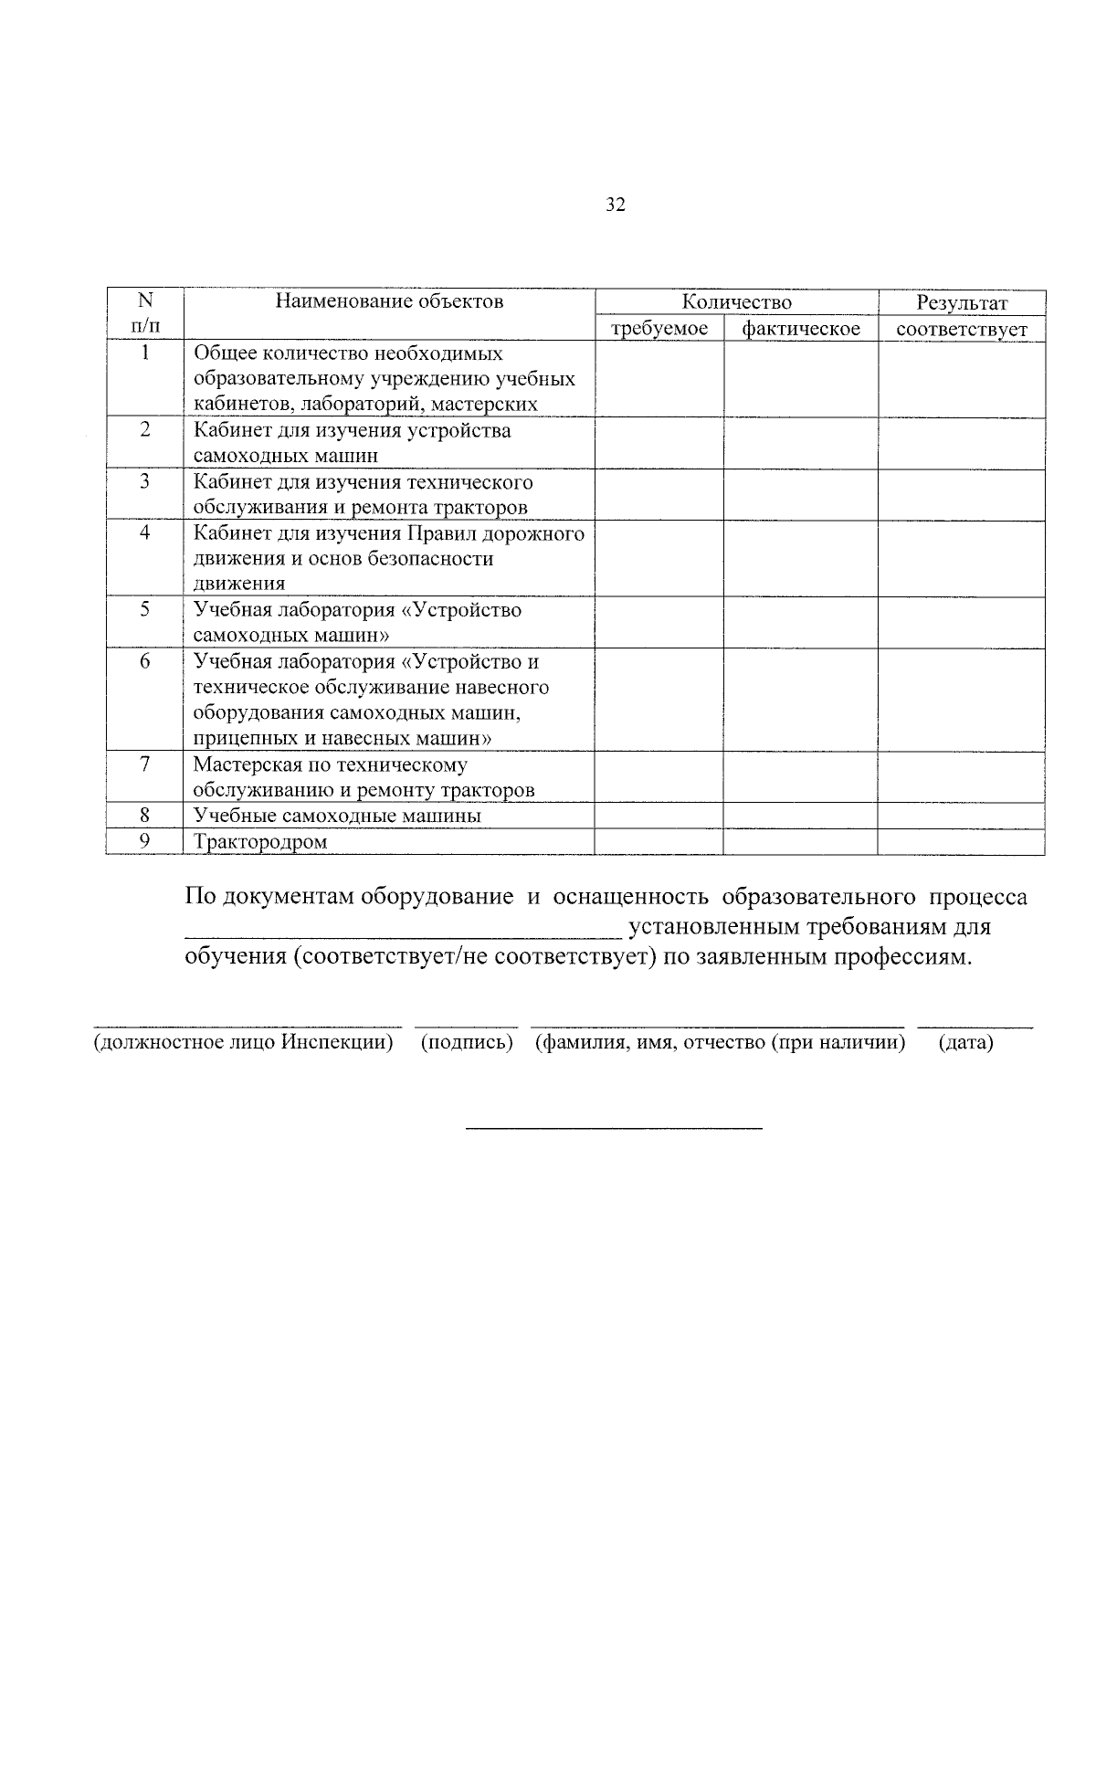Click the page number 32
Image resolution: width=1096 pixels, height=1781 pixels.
click(x=616, y=205)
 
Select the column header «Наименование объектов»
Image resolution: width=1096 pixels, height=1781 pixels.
click(x=389, y=301)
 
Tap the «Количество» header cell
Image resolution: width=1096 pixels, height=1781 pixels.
click(x=736, y=302)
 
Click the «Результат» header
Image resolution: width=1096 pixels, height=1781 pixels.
click(x=962, y=302)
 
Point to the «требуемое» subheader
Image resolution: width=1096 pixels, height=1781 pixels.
click(x=659, y=329)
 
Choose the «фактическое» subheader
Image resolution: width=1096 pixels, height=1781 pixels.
click(x=801, y=329)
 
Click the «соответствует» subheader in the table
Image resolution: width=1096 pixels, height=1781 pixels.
click(x=962, y=329)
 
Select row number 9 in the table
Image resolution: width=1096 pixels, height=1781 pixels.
click(x=144, y=841)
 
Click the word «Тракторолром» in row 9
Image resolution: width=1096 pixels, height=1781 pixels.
click(x=260, y=842)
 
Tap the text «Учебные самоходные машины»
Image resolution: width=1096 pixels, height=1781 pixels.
click(x=337, y=816)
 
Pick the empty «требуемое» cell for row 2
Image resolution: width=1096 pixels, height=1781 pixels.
click(x=659, y=443)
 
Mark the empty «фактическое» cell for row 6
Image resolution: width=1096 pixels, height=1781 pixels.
click(x=801, y=700)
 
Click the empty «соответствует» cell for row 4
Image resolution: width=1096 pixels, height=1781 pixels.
click(x=962, y=558)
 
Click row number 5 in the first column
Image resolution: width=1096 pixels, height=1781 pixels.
click(x=144, y=609)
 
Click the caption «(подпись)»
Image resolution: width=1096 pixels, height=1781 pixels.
click(x=466, y=1042)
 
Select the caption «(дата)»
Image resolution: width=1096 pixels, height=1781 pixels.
click(x=965, y=1042)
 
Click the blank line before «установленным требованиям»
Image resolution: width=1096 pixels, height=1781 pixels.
click(x=403, y=932)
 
